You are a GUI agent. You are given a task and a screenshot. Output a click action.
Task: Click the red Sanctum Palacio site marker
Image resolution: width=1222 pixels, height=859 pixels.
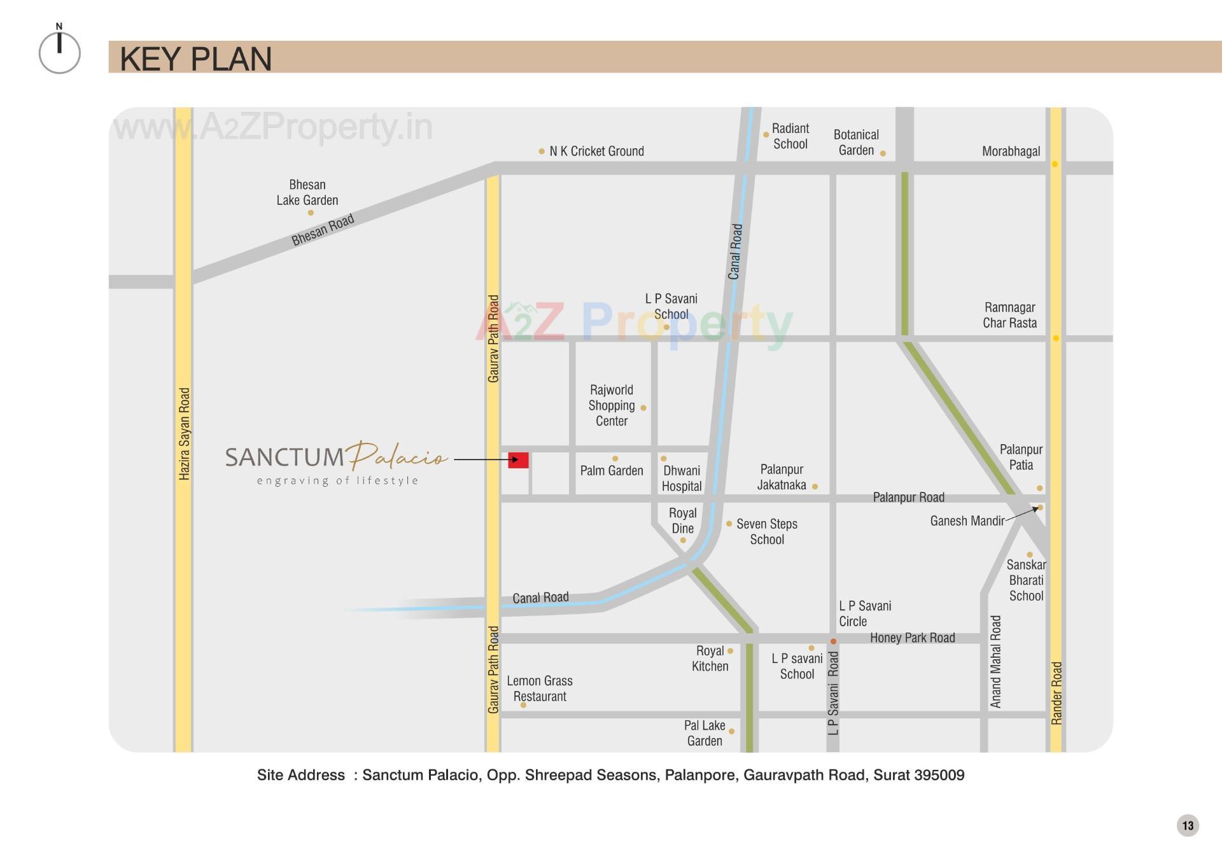pos(518,460)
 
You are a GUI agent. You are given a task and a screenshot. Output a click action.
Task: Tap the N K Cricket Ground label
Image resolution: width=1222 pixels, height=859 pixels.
pos(596,151)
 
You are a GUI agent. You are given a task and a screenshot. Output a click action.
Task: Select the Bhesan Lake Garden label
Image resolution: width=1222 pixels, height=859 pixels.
pos(307,192)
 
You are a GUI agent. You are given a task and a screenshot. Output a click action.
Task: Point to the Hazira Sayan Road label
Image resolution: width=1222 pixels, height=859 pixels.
pos(184,433)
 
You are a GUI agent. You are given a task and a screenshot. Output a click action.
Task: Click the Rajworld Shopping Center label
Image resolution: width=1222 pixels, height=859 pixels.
pos(611,405)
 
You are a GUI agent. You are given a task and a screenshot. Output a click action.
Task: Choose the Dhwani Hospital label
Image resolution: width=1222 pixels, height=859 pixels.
pos(682,478)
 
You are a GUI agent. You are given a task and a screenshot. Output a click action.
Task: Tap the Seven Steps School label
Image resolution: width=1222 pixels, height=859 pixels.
pos(766,531)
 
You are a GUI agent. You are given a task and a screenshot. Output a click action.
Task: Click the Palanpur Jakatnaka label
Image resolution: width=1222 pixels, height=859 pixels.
pos(782,477)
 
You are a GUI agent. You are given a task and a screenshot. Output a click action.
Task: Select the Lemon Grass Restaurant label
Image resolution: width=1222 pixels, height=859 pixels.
pos(540,688)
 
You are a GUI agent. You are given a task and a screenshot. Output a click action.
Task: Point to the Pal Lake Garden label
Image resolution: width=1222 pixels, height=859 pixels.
pos(705,733)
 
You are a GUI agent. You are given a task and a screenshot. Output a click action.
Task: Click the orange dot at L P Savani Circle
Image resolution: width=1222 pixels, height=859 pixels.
pos(833,641)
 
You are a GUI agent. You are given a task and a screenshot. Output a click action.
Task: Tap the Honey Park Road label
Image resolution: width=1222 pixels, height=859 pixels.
pos(912,638)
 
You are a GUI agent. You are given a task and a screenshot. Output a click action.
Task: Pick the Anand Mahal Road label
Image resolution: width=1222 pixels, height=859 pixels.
pos(995,661)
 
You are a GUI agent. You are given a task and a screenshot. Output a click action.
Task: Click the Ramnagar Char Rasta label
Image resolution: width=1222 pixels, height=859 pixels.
pos(1009,315)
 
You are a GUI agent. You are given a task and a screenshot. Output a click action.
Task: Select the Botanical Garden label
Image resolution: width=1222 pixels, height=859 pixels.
pos(856,143)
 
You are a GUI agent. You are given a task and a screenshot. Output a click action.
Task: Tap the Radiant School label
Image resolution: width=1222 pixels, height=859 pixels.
pos(790,136)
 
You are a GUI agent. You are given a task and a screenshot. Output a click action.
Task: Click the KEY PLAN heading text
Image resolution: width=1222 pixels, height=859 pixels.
pos(195,59)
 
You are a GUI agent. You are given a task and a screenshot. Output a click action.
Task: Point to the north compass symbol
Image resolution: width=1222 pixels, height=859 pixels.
pos(59,50)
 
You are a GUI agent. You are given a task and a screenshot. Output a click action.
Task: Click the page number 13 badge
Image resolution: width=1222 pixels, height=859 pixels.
pos(1188,826)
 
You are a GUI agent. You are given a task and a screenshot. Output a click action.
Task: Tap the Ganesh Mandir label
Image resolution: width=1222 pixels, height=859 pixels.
pos(967,521)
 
